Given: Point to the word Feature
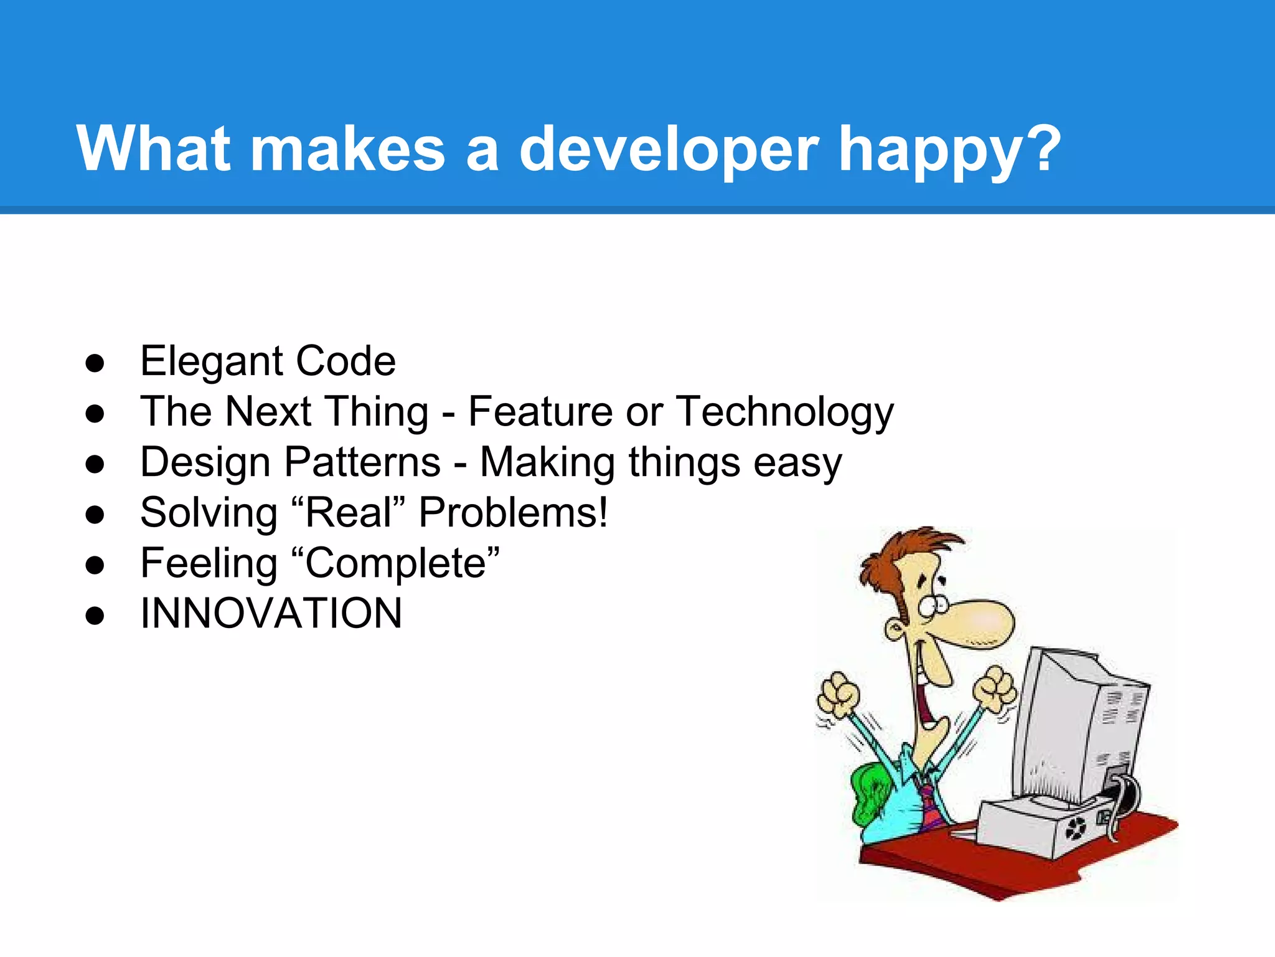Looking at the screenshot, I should pos(540,412).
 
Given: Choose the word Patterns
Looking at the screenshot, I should pos(362,462).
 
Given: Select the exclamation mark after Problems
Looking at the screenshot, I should pos(602,513).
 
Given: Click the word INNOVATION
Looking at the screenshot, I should pos(271,614).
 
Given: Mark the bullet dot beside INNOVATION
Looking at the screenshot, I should pos(95,616).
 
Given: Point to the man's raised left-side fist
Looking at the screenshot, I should pos(838,695).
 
